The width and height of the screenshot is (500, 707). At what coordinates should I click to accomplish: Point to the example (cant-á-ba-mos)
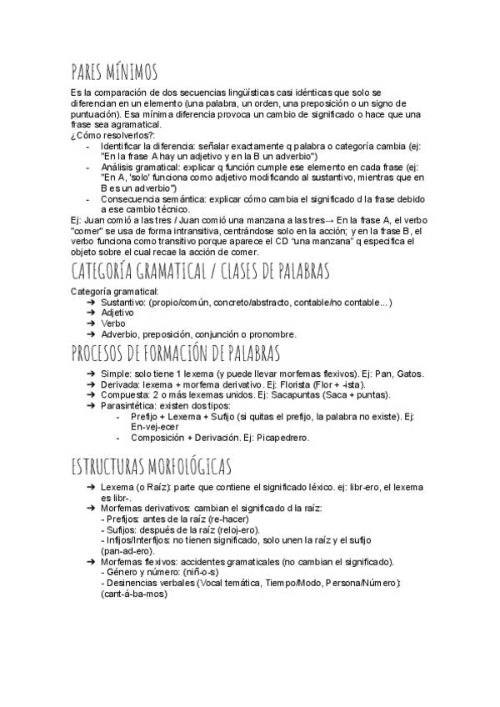(x=132, y=594)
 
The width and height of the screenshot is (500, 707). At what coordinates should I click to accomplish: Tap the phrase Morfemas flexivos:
(x=138, y=561)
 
